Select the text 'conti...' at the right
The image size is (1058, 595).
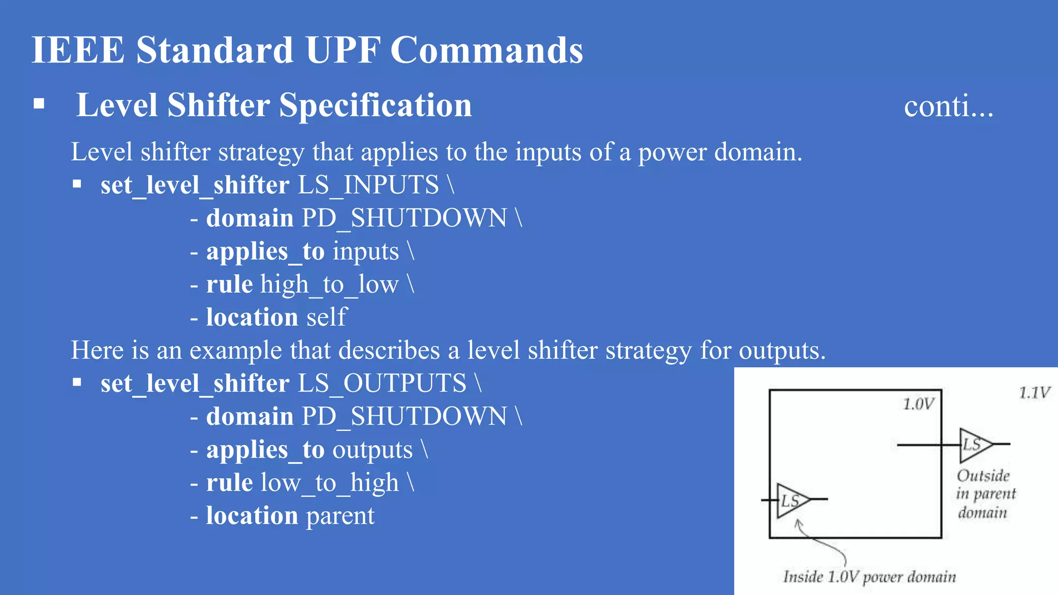tap(948, 107)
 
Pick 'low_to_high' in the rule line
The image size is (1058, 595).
tap(330, 483)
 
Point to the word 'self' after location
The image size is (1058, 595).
tap(326, 317)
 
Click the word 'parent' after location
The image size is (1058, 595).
tap(340, 516)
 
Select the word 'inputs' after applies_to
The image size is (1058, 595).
tap(366, 252)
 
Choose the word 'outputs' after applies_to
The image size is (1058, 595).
tap(372, 450)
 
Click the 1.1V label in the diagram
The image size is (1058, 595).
tap(1034, 393)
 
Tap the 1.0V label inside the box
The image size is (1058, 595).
tap(918, 404)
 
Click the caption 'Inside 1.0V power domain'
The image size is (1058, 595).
tap(869, 576)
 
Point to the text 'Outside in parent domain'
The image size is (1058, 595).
tap(985, 494)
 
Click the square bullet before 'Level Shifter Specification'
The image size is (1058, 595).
tap(39, 104)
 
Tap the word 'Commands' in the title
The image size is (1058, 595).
tap(486, 50)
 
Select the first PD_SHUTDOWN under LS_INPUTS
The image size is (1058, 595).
tap(404, 218)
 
